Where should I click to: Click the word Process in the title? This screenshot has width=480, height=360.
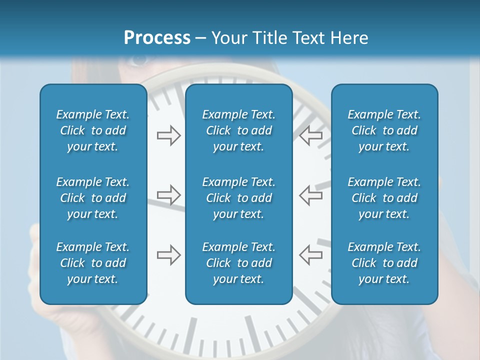(157, 37)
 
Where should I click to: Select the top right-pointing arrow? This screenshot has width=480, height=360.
(168, 135)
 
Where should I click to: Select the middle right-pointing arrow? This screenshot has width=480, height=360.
(168, 195)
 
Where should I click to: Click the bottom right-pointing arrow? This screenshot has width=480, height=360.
(168, 255)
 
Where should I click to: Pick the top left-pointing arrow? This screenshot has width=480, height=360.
(310, 135)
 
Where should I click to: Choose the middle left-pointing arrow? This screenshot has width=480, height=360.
(310, 195)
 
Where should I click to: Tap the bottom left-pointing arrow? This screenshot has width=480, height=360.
(310, 255)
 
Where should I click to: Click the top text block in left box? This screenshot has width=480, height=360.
(93, 130)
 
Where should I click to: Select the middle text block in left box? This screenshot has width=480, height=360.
(93, 198)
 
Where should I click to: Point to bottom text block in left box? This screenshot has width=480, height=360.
(93, 263)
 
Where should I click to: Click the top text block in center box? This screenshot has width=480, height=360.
(238, 130)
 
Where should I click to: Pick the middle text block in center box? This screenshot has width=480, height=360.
(238, 198)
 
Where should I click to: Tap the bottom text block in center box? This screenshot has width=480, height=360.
(238, 263)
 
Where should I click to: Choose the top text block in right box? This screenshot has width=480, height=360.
(384, 130)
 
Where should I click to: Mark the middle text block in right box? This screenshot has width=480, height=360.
(384, 198)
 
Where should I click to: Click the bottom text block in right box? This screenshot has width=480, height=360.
(384, 263)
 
